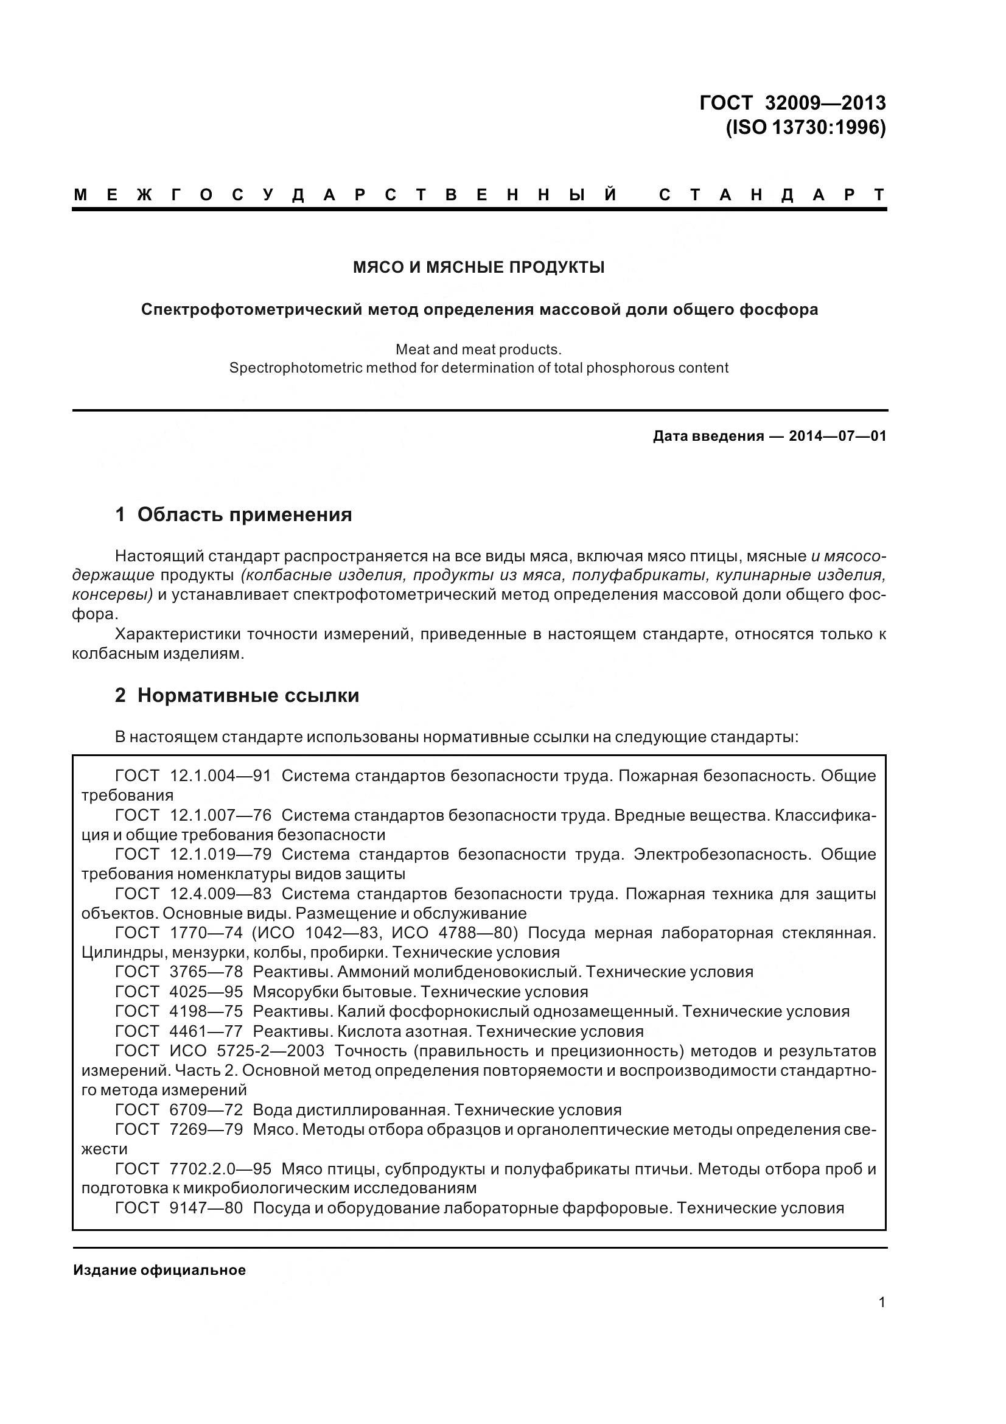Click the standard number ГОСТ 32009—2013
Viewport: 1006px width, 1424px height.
(792, 103)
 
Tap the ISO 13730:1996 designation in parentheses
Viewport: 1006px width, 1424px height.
(805, 127)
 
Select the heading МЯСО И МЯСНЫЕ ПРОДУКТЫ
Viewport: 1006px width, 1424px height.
(478, 268)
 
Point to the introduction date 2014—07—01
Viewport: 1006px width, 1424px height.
(837, 436)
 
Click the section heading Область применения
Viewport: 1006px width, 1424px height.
(244, 515)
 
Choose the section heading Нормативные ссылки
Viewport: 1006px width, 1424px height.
(248, 696)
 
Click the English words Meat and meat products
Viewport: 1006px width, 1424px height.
(478, 349)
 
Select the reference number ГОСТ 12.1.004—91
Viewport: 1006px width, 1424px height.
(194, 776)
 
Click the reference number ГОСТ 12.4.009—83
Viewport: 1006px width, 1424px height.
(194, 894)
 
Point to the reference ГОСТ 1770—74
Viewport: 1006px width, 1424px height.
(179, 933)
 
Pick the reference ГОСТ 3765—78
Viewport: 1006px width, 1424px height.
(179, 972)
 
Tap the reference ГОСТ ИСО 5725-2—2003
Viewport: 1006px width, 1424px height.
(220, 1051)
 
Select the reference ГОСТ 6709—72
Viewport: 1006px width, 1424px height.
(179, 1110)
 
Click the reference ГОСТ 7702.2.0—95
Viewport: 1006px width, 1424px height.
(194, 1168)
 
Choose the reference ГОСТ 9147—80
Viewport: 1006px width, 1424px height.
(179, 1207)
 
